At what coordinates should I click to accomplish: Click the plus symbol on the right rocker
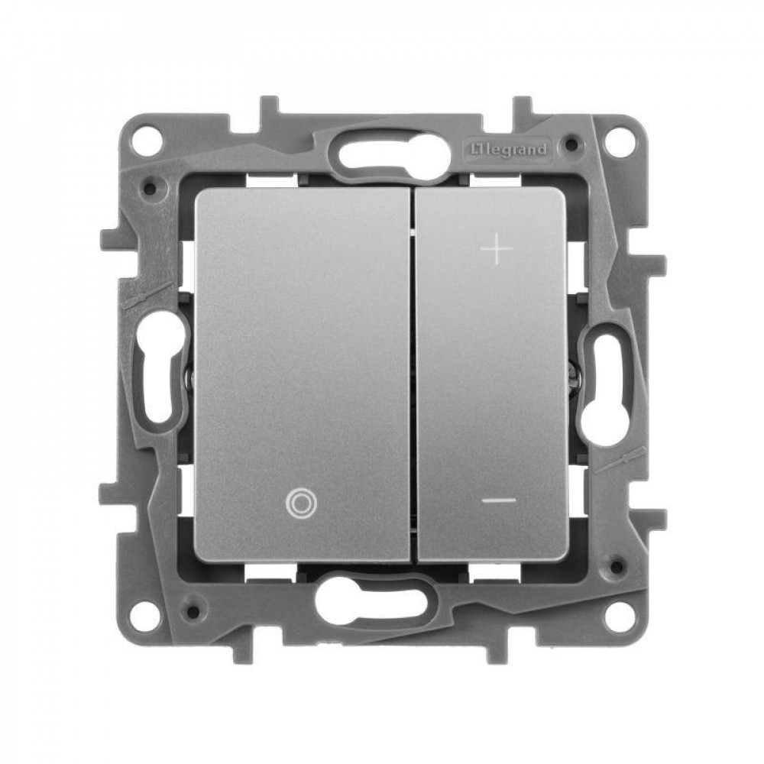[x=497, y=248]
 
